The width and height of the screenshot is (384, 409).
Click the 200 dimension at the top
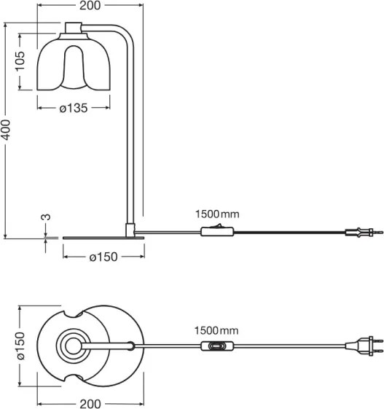[89, 6]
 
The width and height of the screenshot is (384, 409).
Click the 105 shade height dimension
[22, 67]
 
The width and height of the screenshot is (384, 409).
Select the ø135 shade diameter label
[73, 108]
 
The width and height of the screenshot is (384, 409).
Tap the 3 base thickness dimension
[45, 217]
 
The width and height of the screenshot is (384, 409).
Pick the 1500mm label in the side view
[216, 214]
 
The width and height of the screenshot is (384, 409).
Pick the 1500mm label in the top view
[216, 331]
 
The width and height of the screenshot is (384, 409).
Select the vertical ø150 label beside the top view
[21, 348]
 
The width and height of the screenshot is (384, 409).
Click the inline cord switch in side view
[216, 233]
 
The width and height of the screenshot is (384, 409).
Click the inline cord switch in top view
[216, 348]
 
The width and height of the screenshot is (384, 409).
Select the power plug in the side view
[362, 233]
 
